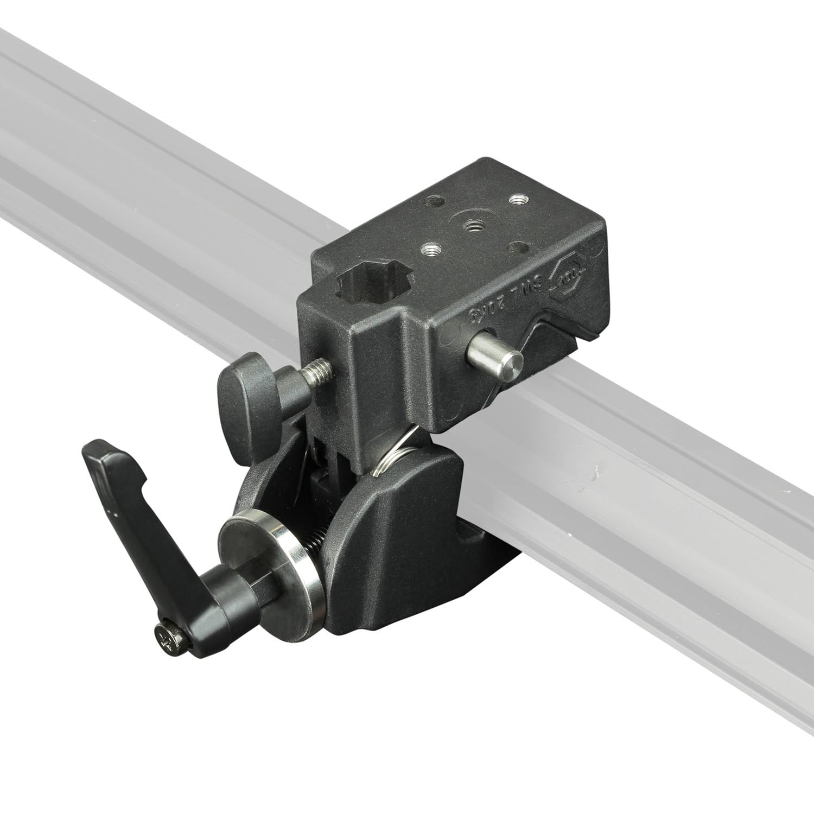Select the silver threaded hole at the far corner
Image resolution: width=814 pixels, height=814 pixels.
pos(516,200)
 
